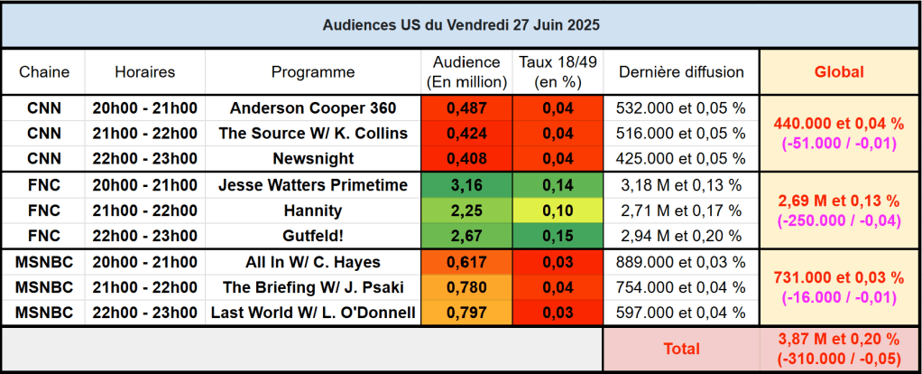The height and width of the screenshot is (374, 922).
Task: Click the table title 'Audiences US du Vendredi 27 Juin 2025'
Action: click(461, 25)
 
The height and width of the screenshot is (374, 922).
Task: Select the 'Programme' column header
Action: click(313, 72)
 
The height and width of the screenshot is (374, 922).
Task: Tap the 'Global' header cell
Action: click(839, 72)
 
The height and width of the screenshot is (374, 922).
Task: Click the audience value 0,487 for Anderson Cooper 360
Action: click(466, 108)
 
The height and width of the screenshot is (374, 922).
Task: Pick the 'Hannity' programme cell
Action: click(313, 210)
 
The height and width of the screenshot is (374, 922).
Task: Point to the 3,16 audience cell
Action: click(466, 185)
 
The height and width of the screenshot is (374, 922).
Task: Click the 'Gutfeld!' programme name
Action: click(313, 236)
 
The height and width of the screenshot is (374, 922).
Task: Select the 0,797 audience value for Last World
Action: click(466, 313)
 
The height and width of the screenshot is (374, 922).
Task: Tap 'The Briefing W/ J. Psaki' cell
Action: click(313, 287)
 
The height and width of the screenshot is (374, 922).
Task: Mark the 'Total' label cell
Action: click(680, 348)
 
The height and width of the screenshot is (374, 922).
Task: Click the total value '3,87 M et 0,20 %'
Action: click(839, 339)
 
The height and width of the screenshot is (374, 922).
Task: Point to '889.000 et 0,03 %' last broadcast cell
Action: click(680, 262)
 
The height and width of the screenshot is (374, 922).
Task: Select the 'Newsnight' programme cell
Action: click(313, 159)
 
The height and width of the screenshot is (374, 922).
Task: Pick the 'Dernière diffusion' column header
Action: click(680, 72)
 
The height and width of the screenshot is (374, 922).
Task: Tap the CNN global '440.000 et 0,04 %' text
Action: click(839, 124)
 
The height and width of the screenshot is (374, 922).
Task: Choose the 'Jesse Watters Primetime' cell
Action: click(313, 185)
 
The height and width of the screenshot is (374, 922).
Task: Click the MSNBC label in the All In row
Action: click(44, 262)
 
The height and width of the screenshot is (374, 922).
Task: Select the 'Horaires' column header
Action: click(145, 72)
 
